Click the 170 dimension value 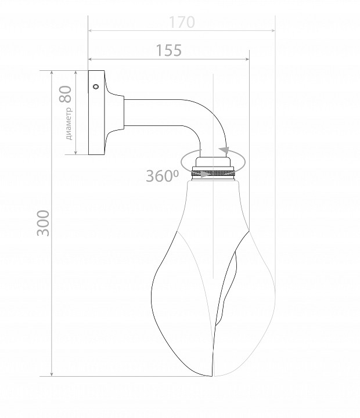click(182, 23)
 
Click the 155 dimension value click(168, 51)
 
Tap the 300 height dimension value click(43, 223)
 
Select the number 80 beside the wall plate click(66, 94)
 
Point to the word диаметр click(69, 124)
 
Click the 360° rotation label click(163, 176)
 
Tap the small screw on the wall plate click(96, 87)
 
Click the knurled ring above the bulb click(213, 173)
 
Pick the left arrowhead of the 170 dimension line click(91, 31)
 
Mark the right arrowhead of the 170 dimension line click(273, 31)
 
